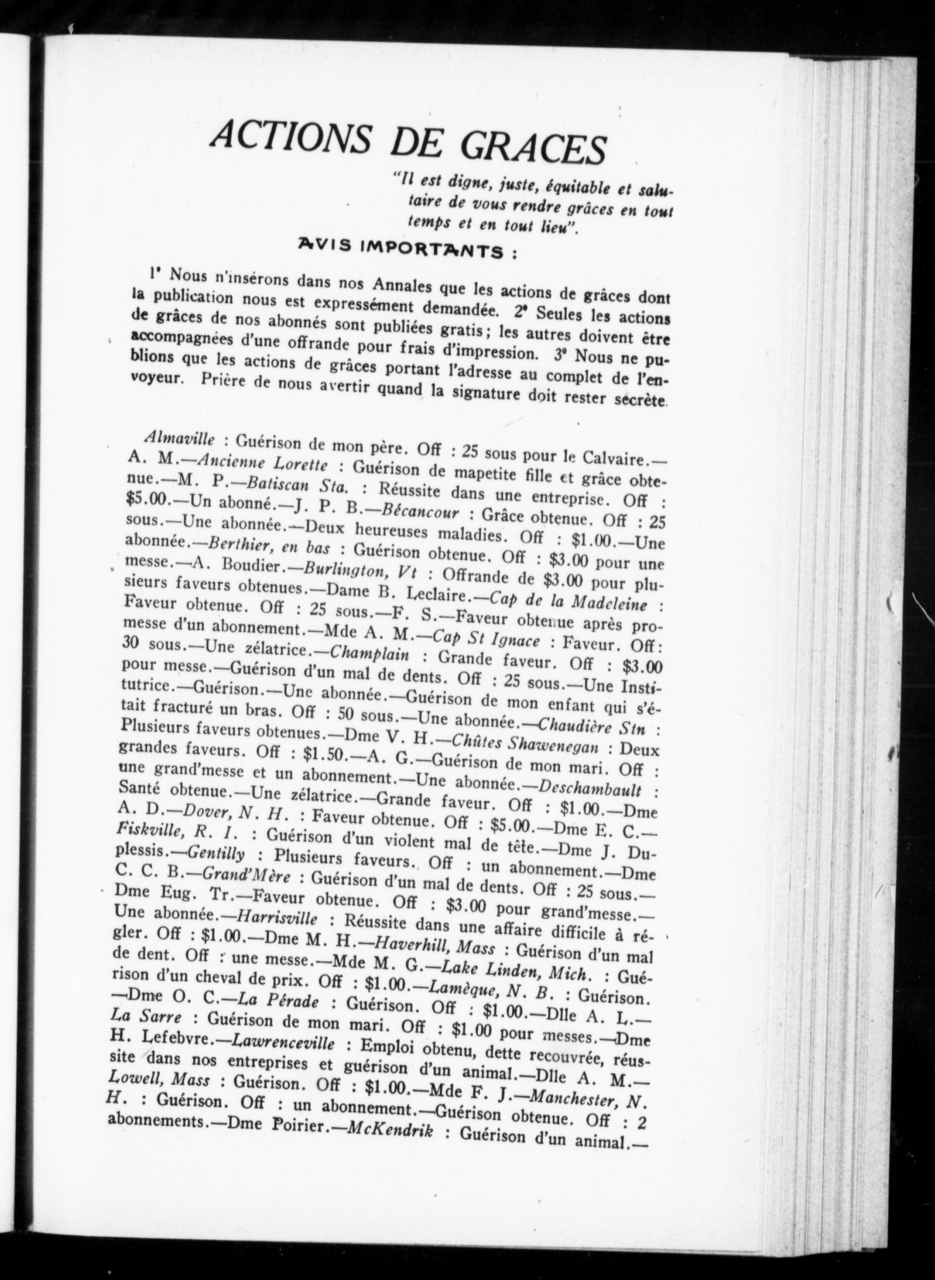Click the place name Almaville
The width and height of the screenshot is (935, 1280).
tap(179, 438)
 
